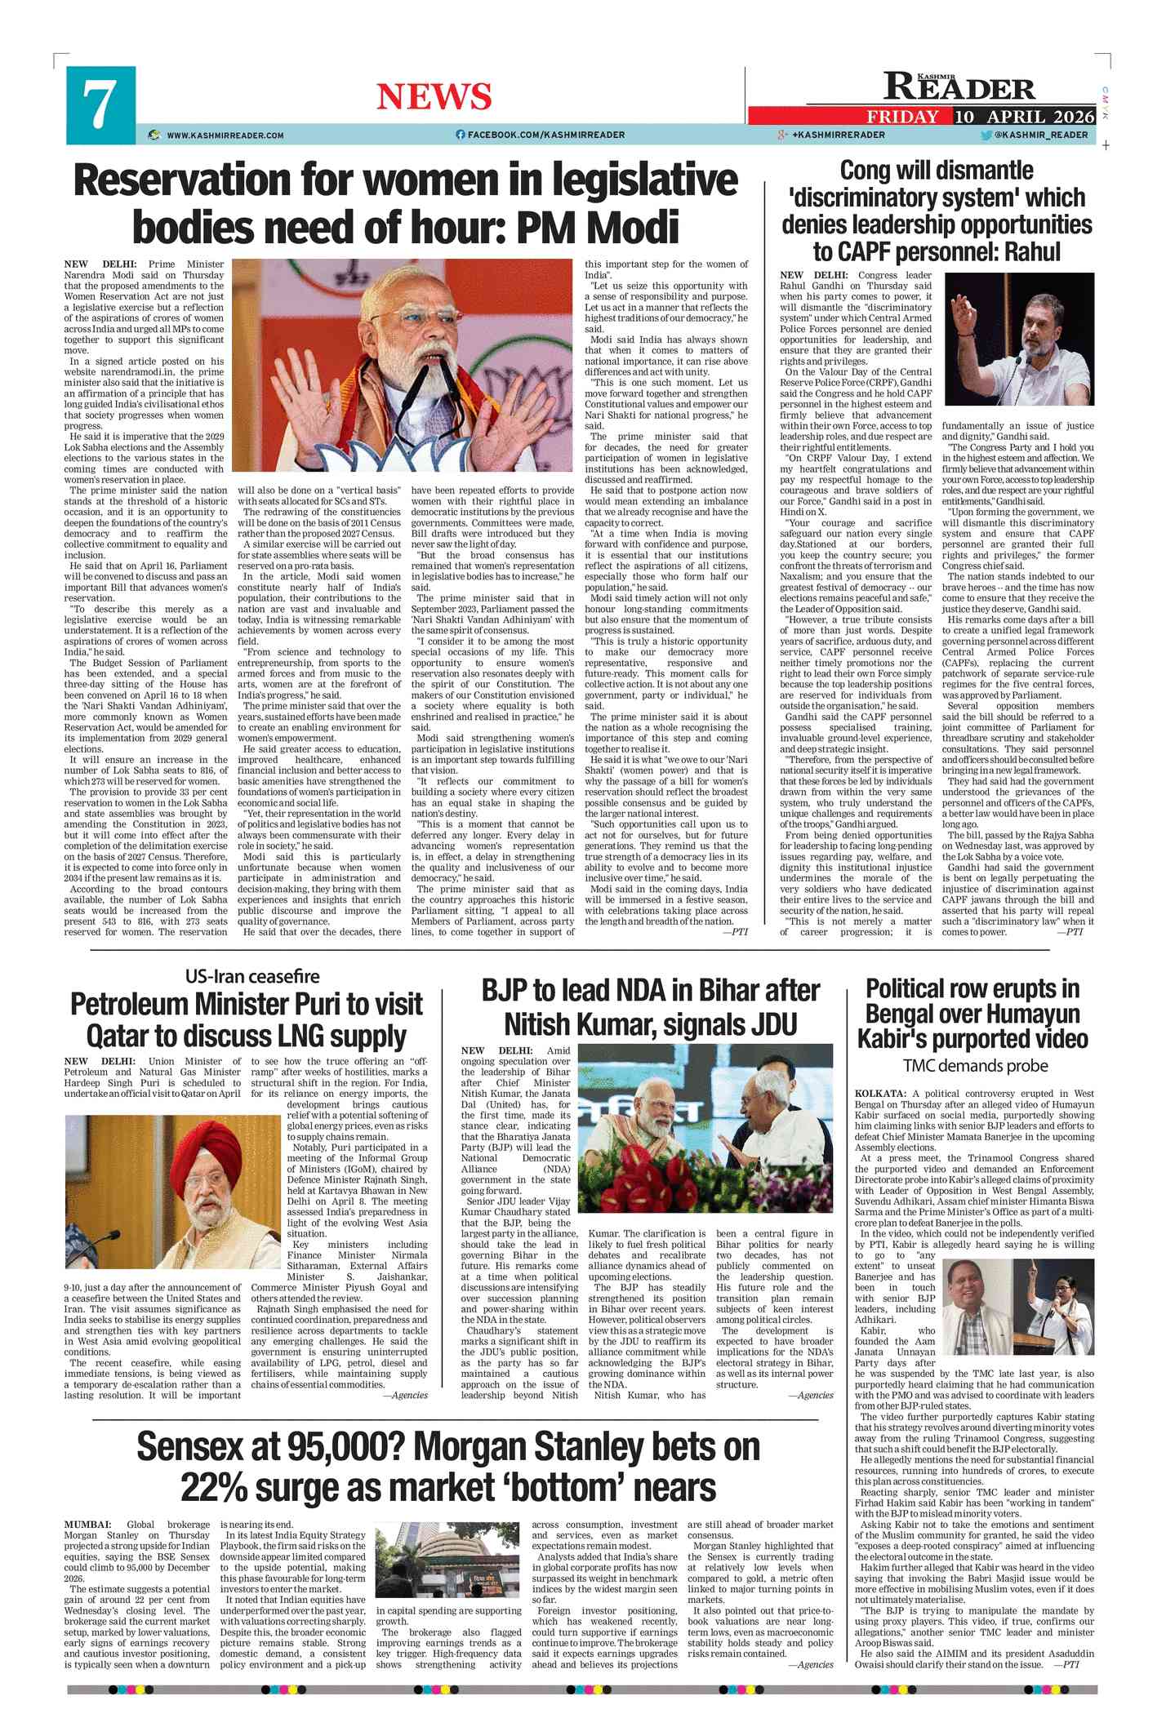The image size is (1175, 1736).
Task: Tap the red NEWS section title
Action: click(x=434, y=97)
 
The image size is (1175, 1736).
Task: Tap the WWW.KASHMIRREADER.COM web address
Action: click(x=225, y=135)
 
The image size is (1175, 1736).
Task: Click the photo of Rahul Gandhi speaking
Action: click(x=1019, y=339)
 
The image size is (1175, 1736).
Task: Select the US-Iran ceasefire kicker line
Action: click(x=252, y=976)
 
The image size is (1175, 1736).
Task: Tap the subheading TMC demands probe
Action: click(x=975, y=1066)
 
